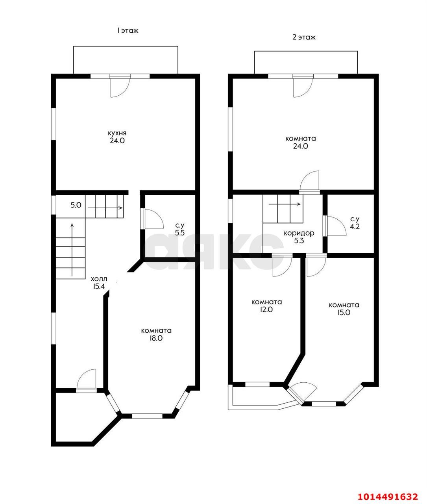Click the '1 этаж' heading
(x=128, y=30)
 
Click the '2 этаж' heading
(x=304, y=37)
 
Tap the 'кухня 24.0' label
(x=117, y=137)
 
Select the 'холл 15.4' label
(x=99, y=283)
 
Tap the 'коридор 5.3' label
(x=299, y=237)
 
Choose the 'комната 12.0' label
(x=267, y=306)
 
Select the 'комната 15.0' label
(x=344, y=309)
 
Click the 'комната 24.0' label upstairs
(x=301, y=143)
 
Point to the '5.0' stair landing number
(x=76, y=205)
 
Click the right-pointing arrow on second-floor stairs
(x=285, y=204)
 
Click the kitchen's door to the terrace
(x=120, y=87)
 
